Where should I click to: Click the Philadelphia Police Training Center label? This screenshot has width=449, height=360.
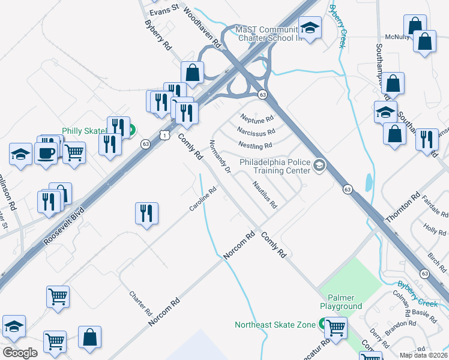[274, 166]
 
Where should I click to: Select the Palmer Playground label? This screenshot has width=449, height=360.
[341, 302]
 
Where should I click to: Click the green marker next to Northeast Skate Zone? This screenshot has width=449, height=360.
[321, 325]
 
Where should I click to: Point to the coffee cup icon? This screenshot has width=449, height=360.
[46, 152]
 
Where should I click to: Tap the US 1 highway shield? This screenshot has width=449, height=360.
[164, 136]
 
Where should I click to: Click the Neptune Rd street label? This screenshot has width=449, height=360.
[257, 118]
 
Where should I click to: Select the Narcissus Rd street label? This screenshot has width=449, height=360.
[256, 131]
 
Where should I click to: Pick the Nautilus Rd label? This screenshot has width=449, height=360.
[264, 195]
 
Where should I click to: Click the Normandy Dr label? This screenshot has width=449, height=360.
[220, 157]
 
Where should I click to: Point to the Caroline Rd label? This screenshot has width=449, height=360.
[203, 200]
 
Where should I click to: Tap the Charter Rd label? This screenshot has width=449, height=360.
[141, 304]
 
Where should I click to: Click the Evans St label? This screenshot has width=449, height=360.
[164, 9]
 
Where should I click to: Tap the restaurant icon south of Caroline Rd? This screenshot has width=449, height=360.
[147, 212]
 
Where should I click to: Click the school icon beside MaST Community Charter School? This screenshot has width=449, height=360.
[310, 27]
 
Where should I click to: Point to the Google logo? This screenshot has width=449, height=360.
[20, 353]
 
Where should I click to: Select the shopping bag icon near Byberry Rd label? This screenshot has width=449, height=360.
[193, 73]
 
